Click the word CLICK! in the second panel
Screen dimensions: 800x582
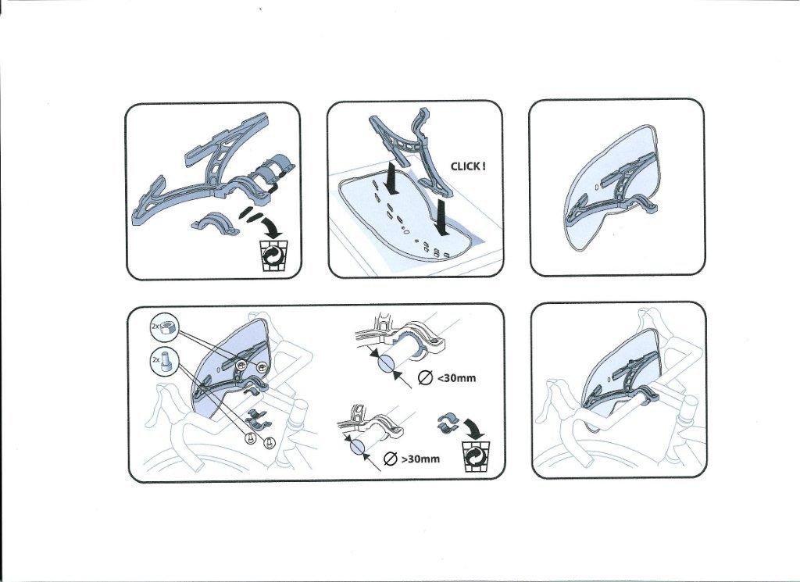coord(468,166)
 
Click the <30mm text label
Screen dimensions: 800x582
coord(456,378)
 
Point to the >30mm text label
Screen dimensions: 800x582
coord(420,459)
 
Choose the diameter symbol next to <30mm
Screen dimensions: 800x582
coord(425,377)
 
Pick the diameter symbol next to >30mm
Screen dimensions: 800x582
coord(389,459)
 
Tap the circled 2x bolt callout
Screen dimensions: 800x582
coord(162,361)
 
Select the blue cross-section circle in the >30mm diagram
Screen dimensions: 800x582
coord(356,448)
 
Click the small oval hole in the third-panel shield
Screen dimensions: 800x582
coord(597,187)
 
